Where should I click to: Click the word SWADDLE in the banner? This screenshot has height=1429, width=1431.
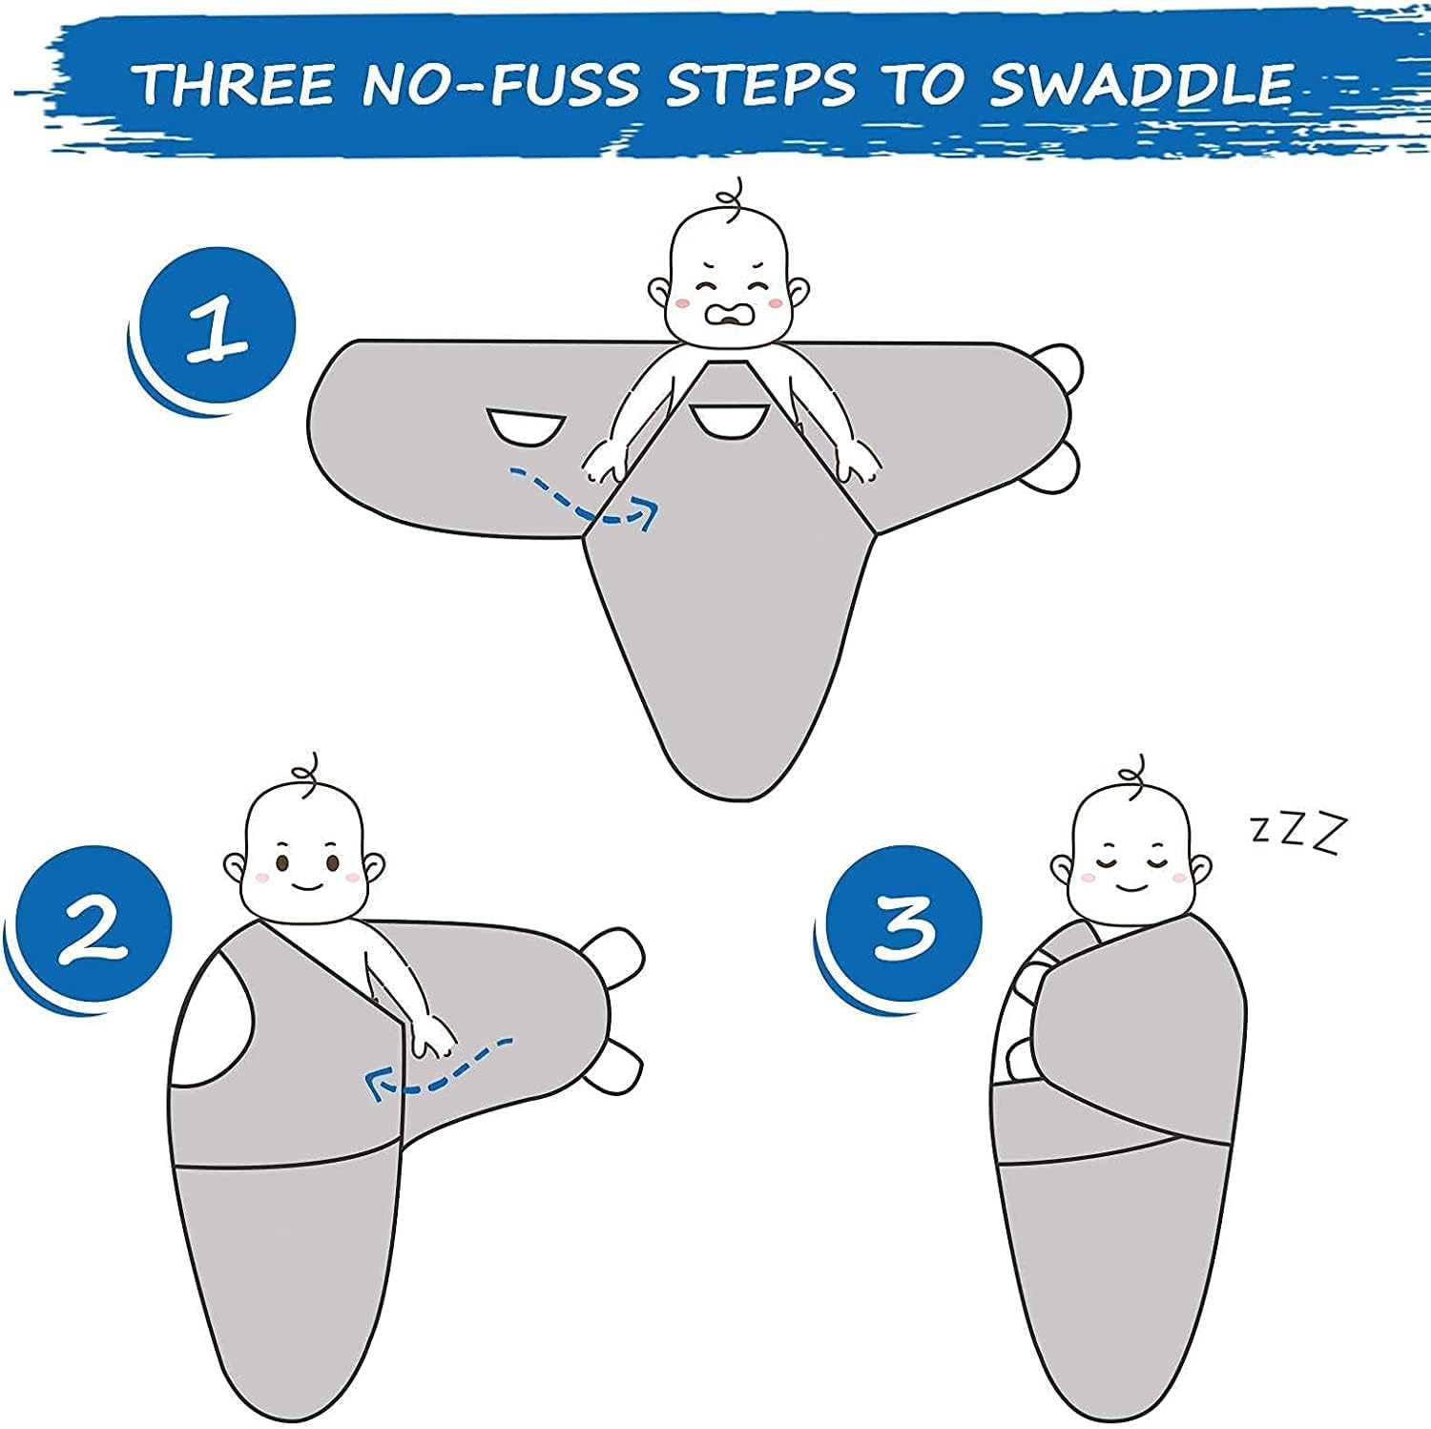pyautogui.click(x=1140, y=84)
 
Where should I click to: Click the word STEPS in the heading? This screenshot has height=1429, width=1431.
pyautogui.click(x=760, y=84)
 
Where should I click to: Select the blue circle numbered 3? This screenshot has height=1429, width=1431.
pyautogui.click(x=901, y=920)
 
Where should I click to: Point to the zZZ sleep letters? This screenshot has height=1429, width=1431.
pyautogui.click(x=1298, y=831)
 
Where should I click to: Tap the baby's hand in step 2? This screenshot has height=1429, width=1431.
pyautogui.click(x=431, y=1034)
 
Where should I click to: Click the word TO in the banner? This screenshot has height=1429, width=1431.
pyautogui.click(x=922, y=84)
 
